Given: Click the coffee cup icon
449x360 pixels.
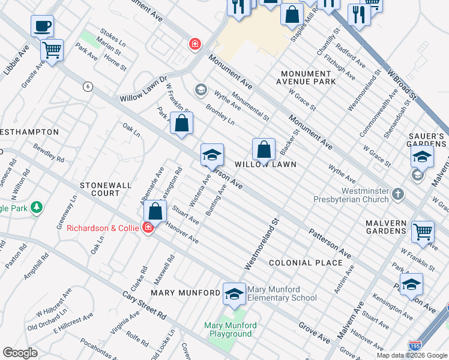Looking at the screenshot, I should point(42,26).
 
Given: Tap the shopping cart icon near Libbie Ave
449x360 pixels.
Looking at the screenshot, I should point(52,50).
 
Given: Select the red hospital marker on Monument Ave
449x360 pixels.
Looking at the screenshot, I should point(194,44).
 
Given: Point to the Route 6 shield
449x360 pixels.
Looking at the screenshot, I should point(88,86).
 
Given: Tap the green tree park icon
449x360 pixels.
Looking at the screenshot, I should point(37,207).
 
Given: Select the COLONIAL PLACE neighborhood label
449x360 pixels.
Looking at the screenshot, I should point(298,263).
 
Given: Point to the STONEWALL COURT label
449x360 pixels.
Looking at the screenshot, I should point(106,189).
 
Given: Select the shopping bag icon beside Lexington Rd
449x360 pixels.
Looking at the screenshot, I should point(155,211).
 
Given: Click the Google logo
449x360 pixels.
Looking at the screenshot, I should point(20,353).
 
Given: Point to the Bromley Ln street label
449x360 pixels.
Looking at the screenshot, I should point(220,114).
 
